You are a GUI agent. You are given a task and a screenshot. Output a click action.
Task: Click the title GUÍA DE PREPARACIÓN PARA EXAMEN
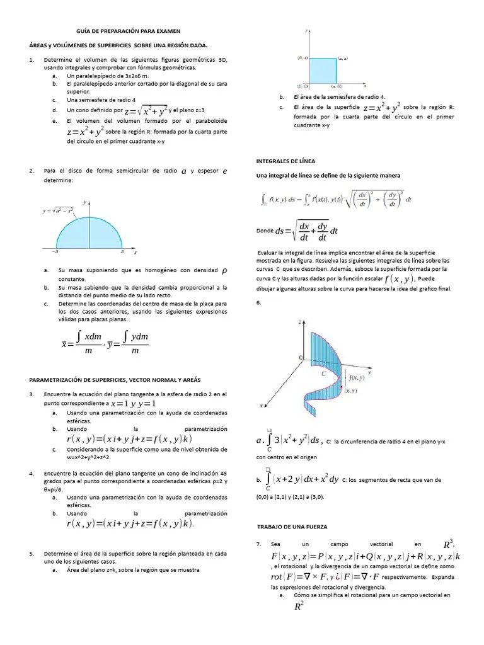(x=124, y=30)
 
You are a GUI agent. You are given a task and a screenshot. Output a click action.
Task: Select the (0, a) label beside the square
(x=302, y=58)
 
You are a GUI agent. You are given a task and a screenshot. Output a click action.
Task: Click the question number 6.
(x=258, y=303)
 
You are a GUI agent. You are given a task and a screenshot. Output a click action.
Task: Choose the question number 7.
(x=258, y=543)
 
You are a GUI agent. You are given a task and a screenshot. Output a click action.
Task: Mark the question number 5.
(x=32, y=553)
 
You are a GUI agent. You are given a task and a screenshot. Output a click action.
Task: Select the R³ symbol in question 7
(x=449, y=544)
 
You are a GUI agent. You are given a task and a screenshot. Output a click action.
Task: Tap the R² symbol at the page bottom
(x=299, y=606)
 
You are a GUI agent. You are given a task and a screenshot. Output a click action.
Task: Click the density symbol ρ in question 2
(x=225, y=271)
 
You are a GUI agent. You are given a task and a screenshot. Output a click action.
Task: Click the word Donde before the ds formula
(x=265, y=231)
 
